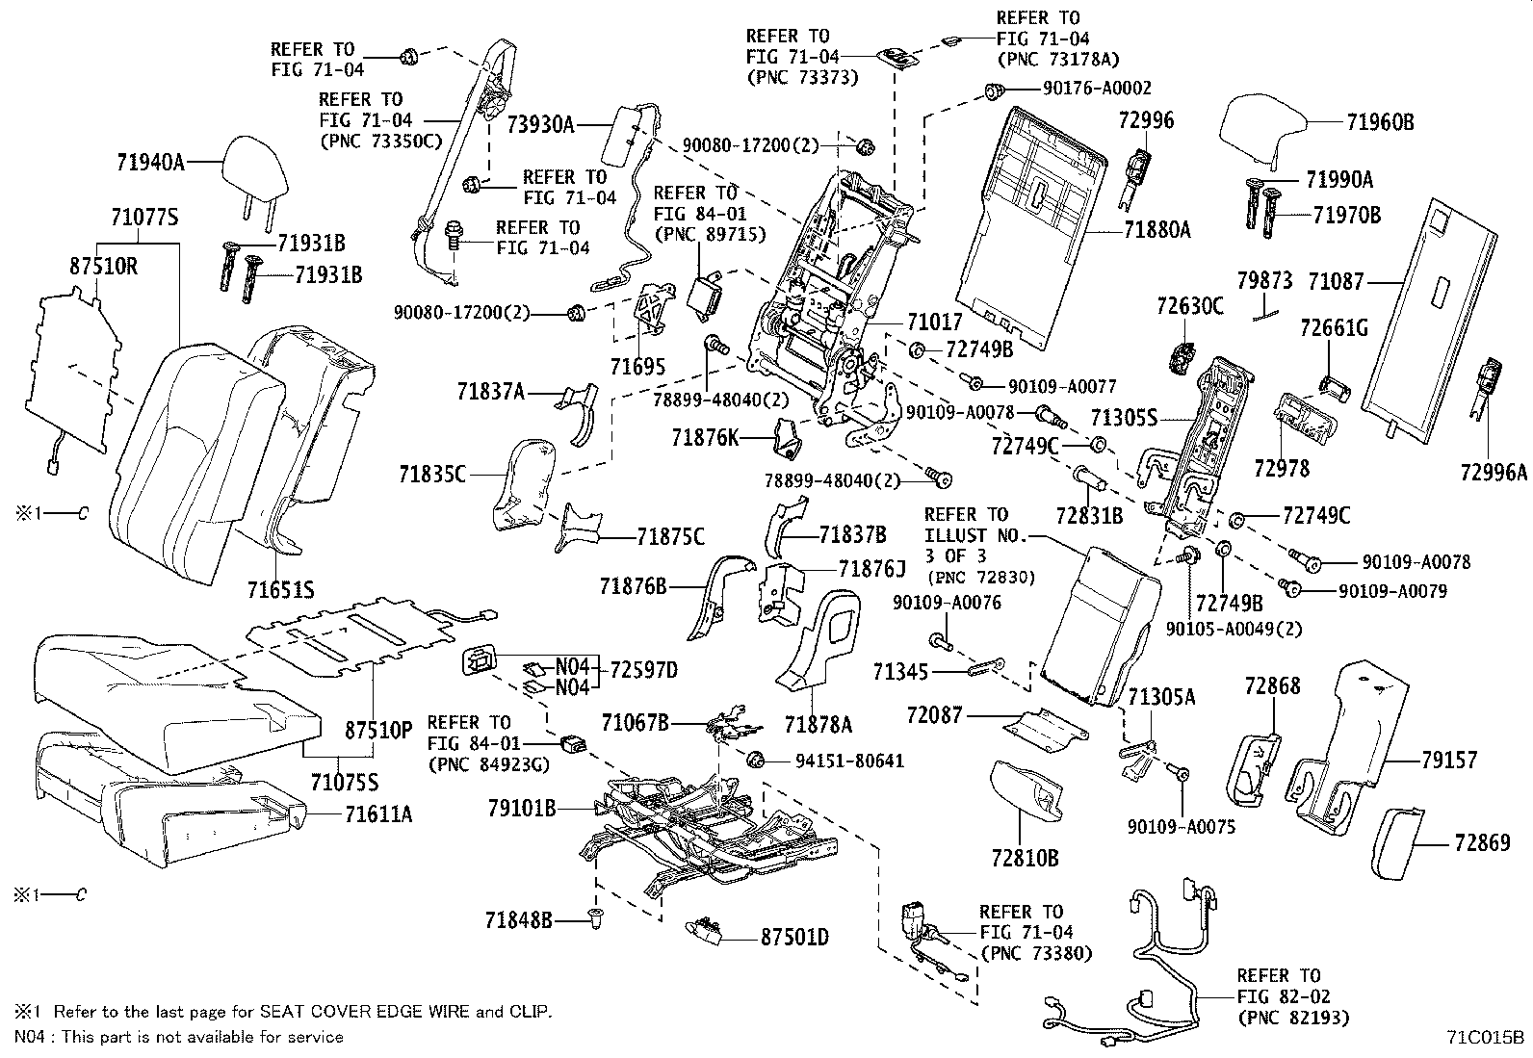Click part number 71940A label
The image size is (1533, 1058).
(x=150, y=163)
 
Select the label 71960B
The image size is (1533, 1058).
(x=1380, y=122)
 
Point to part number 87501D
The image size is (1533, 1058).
(x=794, y=937)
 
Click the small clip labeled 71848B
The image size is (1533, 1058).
(x=594, y=921)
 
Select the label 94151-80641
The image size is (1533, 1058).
(x=849, y=761)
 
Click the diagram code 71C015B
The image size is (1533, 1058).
(x=1485, y=1037)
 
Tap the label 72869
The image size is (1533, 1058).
(x=1483, y=843)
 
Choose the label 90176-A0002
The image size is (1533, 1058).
(x=1097, y=90)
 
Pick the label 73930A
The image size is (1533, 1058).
(x=540, y=124)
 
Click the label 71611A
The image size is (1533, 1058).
(x=378, y=814)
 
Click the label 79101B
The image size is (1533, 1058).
(x=521, y=808)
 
